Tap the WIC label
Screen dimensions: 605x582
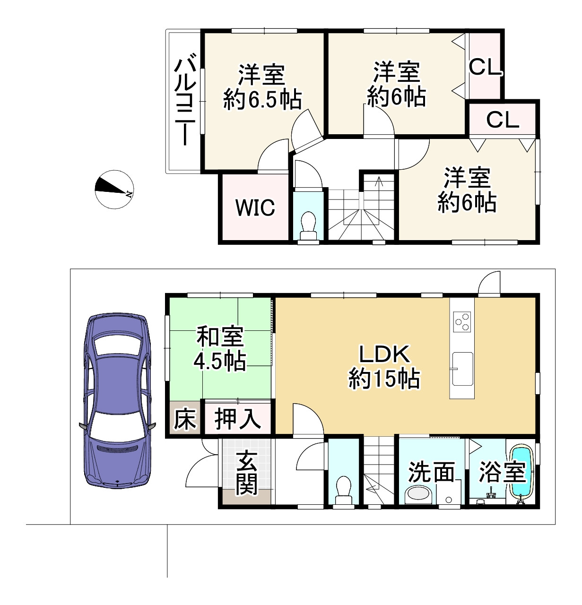pyautogui.click(x=255, y=207)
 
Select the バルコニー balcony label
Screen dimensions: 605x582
pyautogui.click(x=185, y=101)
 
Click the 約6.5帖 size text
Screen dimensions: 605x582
pyautogui.click(x=262, y=100)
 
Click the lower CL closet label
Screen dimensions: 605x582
pyautogui.click(x=503, y=120)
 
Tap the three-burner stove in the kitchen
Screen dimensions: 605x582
pyautogui.click(x=462, y=321)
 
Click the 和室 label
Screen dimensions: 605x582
pyautogui.click(x=220, y=337)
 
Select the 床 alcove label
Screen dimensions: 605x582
pyautogui.click(x=184, y=419)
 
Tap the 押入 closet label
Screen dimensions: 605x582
pyautogui.click(x=237, y=419)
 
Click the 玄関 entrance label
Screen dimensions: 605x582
pyautogui.click(x=246, y=472)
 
